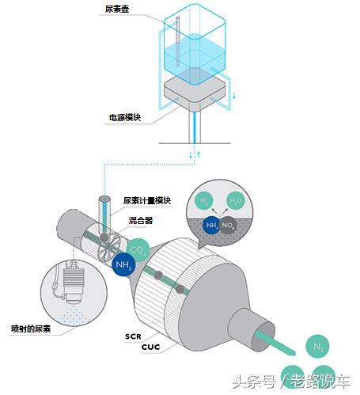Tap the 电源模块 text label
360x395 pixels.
pyautogui.click(x=124, y=118)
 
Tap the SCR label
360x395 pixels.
pyautogui.click(x=132, y=336)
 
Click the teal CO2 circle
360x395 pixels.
pyautogui.click(x=139, y=251)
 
